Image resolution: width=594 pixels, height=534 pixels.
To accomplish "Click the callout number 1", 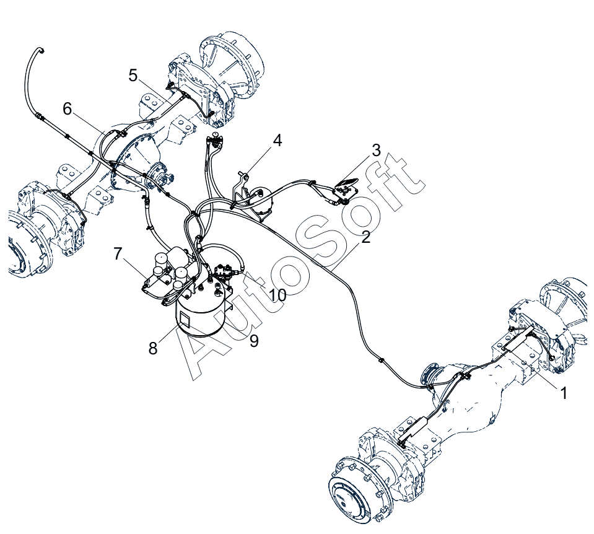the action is pos(563,393).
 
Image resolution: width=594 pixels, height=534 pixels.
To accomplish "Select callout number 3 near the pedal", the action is pos(376,151).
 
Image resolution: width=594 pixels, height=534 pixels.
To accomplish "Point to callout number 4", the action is pos(277,141).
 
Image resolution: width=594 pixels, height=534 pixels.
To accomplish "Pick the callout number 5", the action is pos(133,76).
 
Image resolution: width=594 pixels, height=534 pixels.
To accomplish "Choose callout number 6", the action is pos(67,109).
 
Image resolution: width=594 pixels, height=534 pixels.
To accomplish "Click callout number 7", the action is pos(118,253).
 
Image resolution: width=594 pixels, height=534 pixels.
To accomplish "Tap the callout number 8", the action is pos(152,348).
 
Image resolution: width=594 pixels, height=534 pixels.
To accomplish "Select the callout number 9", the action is pos(254,341).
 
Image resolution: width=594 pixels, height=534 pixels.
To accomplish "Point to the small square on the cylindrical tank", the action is pos(186,319).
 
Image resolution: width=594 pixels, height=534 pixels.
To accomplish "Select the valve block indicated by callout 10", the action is pos(225,273).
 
